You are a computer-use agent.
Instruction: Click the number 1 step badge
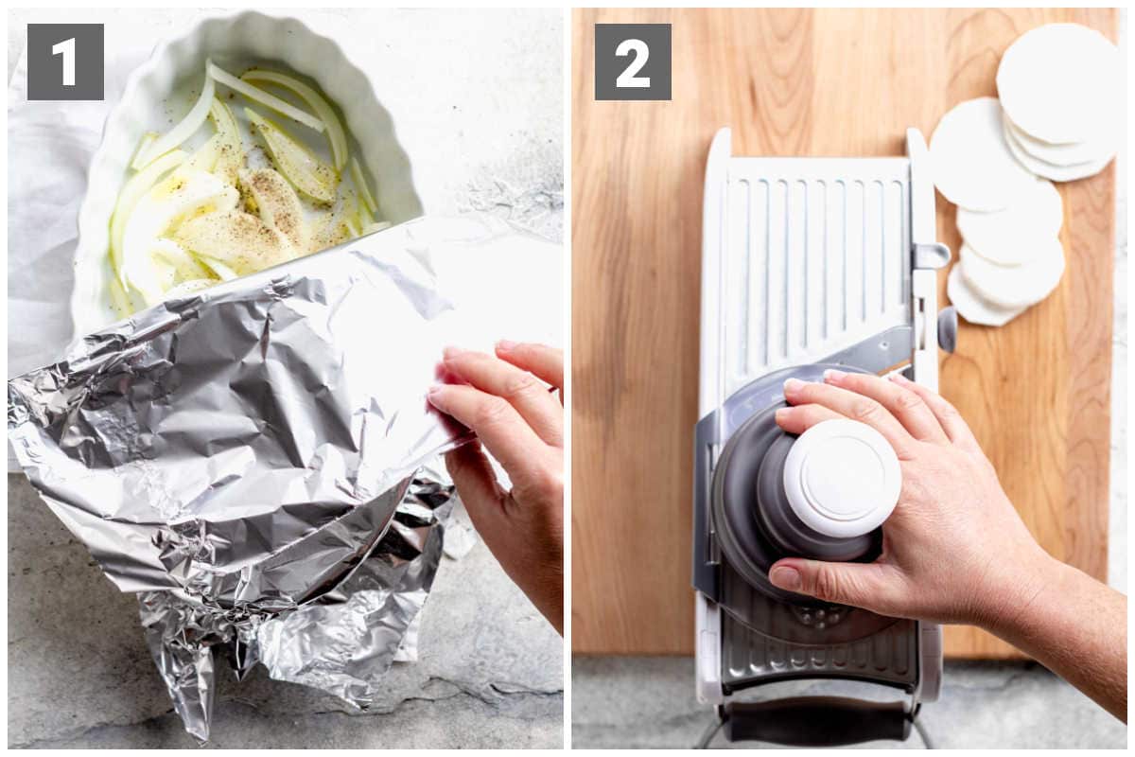coord(65,62)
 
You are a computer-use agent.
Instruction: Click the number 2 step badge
coord(633,62)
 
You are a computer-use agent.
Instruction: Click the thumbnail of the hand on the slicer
coord(782,577)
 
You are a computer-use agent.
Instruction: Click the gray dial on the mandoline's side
coord(947,329)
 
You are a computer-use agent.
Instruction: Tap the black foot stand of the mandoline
coord(815,723)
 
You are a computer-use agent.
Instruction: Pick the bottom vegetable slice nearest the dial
coord(981,299)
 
